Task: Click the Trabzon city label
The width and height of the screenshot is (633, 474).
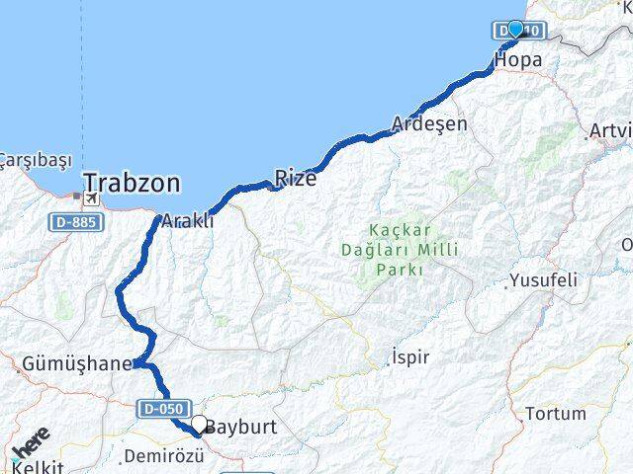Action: pos(132,183)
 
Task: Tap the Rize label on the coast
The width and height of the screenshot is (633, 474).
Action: pos(295,179)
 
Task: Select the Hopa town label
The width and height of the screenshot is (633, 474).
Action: pos(517,59)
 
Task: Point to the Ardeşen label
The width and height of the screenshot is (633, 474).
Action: pos(429,124)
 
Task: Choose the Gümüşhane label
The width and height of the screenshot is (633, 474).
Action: pos(76,364)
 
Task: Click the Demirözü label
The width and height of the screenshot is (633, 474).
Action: pos(163,456)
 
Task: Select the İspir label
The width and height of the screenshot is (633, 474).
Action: pos(410,356)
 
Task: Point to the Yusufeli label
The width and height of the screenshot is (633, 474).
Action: pos(543,280)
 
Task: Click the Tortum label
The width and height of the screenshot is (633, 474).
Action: pos(555,414)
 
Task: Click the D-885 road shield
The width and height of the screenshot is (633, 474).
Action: pos(74,223)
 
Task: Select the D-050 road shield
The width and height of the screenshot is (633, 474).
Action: pos(163,408)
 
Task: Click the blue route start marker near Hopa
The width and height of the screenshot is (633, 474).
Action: pos(515,29)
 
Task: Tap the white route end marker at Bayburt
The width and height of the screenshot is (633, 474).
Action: pos(199,425)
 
